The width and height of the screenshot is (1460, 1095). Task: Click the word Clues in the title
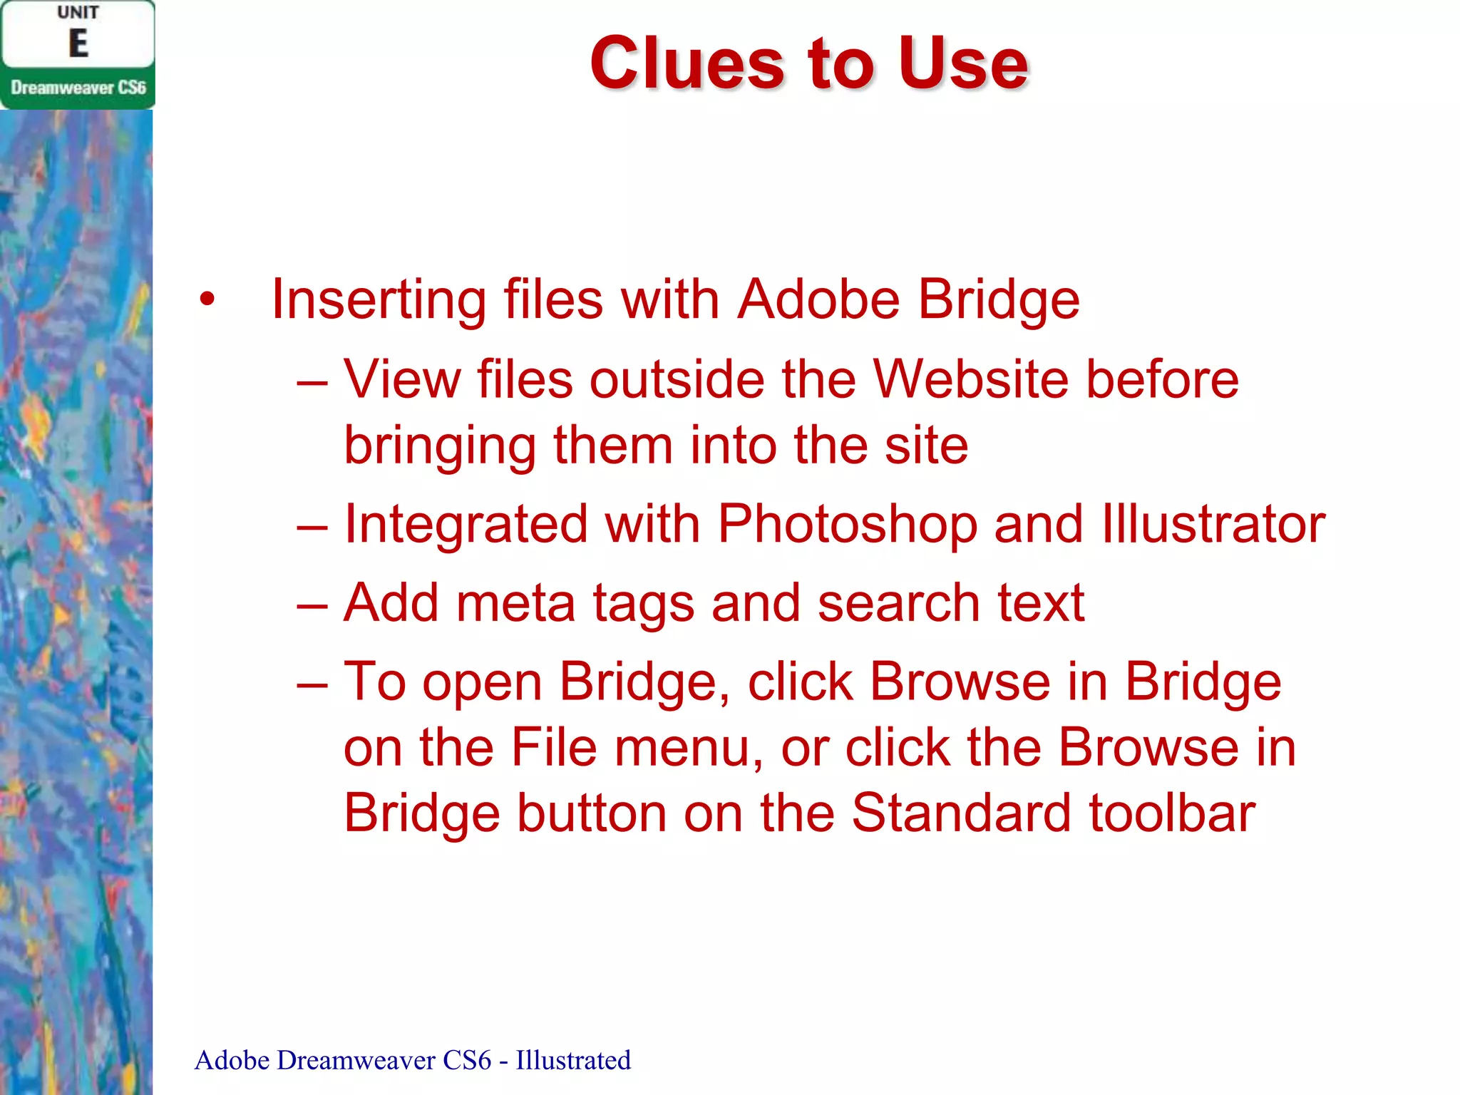[688, 64]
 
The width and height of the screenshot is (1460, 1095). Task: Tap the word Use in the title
[962, 64]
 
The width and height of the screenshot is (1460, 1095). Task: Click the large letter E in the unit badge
[78, 43]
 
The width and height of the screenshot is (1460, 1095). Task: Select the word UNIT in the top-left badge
[78, 13]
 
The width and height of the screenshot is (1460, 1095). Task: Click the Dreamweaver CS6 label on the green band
[78, 88]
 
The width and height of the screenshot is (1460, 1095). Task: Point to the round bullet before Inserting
[207, 300]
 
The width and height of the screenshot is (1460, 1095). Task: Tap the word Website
[971, 379]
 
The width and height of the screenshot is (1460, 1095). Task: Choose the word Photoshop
[847, 524]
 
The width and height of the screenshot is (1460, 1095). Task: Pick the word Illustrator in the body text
[1213, 524]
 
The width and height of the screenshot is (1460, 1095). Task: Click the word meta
[515, 603]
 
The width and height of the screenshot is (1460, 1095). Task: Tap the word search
[898, 603]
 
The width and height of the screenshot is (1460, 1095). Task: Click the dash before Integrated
[312, 528]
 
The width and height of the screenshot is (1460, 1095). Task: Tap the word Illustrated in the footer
[573, 1060]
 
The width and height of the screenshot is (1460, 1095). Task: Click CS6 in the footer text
[466, 1060]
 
